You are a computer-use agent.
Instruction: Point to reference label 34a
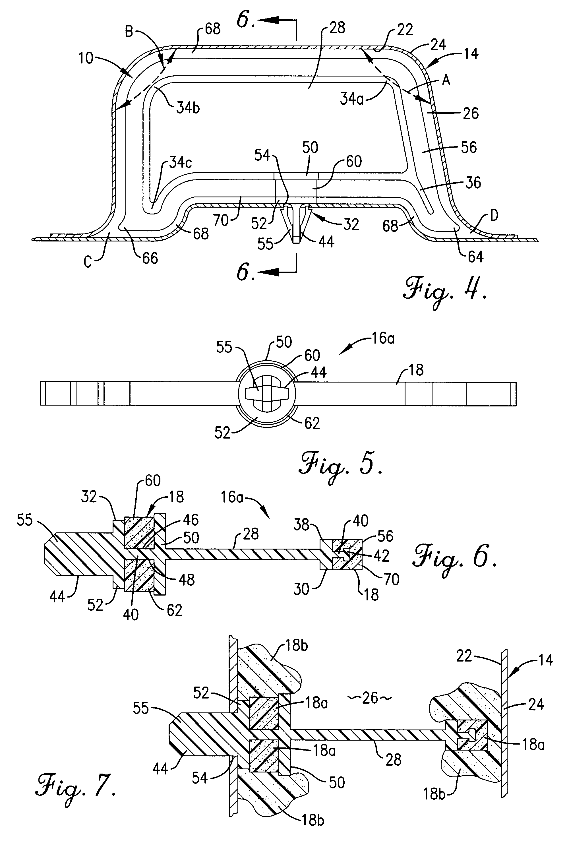(352, 98)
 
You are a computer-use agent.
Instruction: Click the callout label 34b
(188, 108)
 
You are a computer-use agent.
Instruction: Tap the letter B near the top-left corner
(129, 32)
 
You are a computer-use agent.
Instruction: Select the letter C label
(88, 261)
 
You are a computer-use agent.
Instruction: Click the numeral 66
(150, 258)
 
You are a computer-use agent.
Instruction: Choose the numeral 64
(475, 257)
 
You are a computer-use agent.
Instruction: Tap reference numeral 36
(473, 183)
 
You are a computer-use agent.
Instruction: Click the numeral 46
(191, 520)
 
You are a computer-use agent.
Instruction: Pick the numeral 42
(382, 556)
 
